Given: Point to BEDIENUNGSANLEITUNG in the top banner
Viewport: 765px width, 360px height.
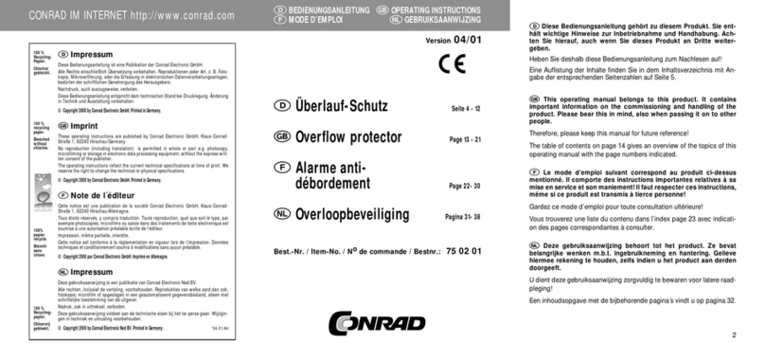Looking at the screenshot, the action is point(324,9).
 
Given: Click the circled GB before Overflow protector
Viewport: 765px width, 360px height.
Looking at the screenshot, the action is point(281,139).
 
